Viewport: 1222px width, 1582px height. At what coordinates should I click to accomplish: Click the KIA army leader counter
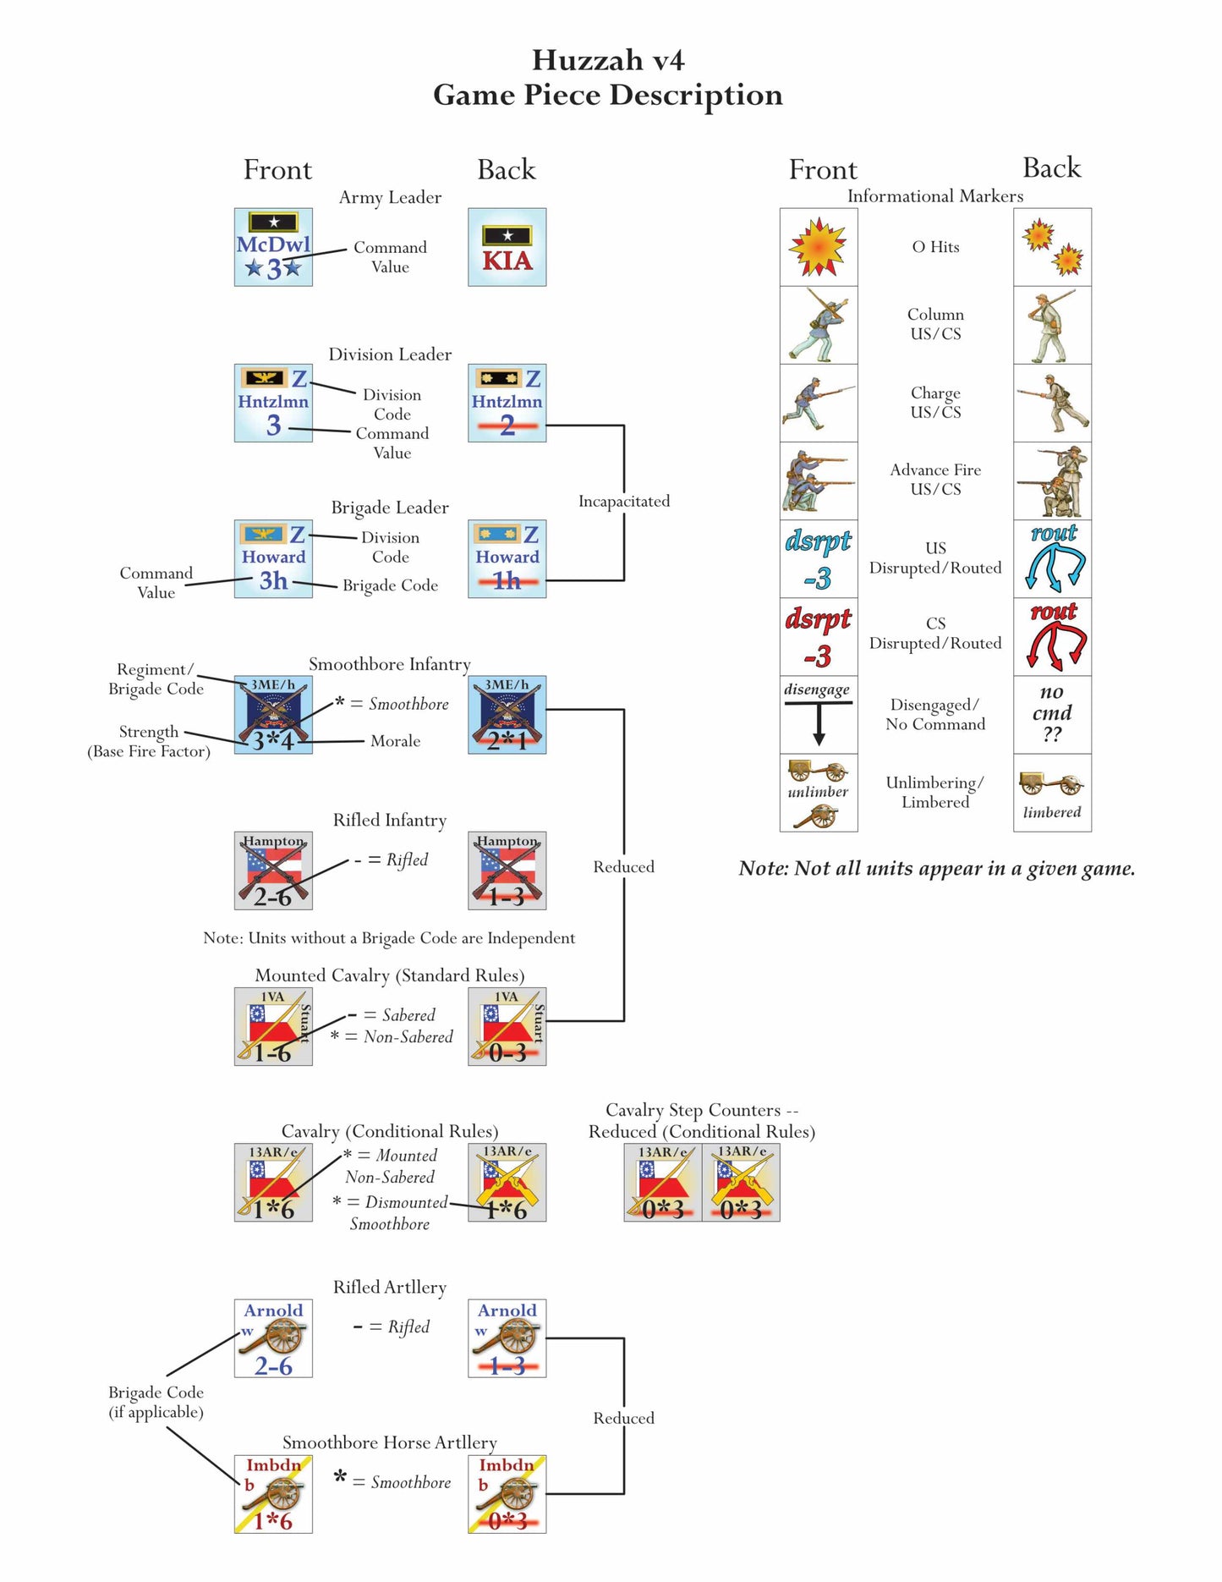click(x=507, y=247)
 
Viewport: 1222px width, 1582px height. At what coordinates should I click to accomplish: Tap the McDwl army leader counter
click(x=273, y=247)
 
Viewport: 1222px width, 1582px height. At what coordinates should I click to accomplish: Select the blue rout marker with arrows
click(x=1052, y=558)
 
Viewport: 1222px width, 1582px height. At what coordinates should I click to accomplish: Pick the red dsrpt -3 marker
click(x=819, y=636)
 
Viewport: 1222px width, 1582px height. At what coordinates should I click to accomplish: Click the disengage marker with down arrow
click(x=819, y=714)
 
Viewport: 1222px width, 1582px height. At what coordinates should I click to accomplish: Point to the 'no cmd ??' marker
click(x=1052, y=714)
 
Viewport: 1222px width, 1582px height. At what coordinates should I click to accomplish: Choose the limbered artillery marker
click(x=1052, y=793)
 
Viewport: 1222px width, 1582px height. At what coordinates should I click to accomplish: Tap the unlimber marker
click(x=819, y=793)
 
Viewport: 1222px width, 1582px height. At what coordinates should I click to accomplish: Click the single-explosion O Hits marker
click(x=819, y=247)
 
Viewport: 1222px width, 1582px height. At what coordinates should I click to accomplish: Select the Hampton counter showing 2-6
click(x=273, y=871)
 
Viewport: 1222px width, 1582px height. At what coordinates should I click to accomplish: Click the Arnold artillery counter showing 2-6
click(x=273, y=1338)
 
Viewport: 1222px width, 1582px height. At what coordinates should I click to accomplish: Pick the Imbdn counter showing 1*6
click(x=273, y=1494)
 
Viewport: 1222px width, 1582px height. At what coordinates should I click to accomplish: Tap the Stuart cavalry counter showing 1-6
click(x=273, y=1026)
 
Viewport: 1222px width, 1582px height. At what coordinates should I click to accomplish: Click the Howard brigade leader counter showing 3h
click(x=273, y=558)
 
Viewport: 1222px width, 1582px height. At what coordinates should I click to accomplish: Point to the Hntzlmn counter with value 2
click(x=507, y=403)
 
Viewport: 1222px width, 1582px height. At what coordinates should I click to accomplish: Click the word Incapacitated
click(x=624, y=501)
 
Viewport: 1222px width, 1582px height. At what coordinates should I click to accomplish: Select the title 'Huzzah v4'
click(x=608, y=60)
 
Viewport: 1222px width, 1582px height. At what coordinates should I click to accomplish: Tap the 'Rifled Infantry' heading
click(x=390, y=820)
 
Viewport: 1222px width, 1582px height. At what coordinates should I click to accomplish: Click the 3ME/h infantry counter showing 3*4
click(x=273, y=714)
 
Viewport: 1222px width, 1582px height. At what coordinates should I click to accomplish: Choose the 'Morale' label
click(x=395, y=741)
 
